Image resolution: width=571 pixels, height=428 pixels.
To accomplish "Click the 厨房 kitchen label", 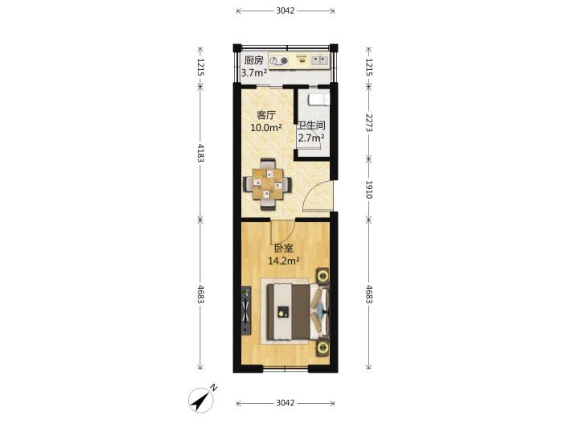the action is (253, 60).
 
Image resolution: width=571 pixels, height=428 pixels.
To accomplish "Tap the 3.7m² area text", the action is (254, 73).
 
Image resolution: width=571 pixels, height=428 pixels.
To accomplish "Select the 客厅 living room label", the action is (266, 115).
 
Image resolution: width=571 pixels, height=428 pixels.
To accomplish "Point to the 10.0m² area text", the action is (266, 127).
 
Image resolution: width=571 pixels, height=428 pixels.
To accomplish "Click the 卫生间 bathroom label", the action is (311, 126).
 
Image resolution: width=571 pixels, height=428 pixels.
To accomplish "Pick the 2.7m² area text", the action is (311, 138).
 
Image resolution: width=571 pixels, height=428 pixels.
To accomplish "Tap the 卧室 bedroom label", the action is (284, 249).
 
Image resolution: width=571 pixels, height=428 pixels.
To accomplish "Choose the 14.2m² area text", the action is (284, 261).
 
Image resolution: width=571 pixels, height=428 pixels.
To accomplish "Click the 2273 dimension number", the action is (369, 123).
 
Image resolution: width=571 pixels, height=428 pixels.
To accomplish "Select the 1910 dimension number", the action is (369, 189).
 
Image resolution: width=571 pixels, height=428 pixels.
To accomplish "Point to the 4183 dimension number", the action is (200, 153).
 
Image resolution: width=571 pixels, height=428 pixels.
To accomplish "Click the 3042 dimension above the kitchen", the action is (285, 10).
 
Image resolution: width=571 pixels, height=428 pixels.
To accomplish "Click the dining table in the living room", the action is (268, 184).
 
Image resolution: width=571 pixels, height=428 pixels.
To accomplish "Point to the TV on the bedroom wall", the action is (247, 311).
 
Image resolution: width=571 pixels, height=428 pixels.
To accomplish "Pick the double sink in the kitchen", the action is (319, 60).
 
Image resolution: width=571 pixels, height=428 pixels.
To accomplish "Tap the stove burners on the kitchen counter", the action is (280, 60).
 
